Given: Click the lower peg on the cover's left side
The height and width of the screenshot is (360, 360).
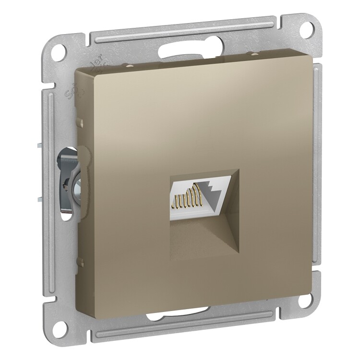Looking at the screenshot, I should click(x=80, y=262).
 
